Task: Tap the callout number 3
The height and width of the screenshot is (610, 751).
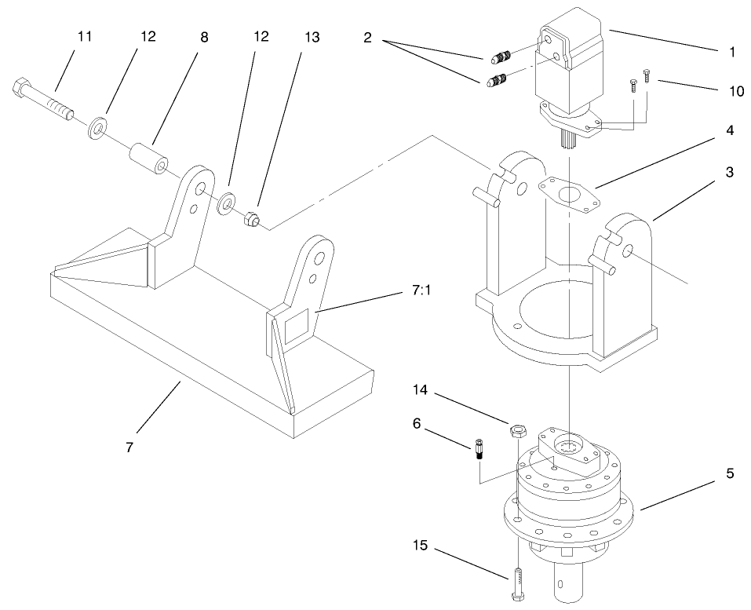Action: pos(730,172)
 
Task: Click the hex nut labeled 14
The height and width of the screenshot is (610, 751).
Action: pos(517,429)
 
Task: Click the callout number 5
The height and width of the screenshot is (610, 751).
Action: pos(730,473)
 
